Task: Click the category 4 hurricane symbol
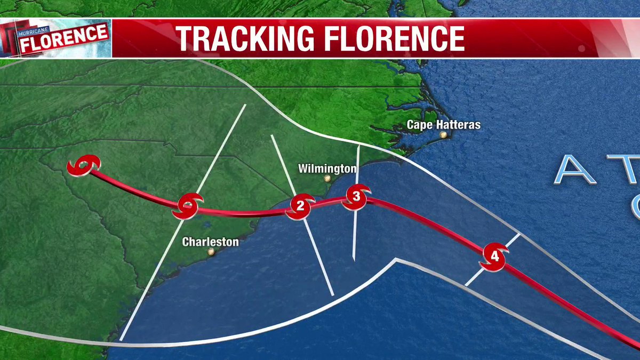click(494, 257)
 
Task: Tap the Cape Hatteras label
click(443, 125)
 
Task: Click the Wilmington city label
click(327, 169)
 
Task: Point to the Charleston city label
click(210, 242)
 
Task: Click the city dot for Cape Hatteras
click(443, 135)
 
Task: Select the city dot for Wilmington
click(327, 179)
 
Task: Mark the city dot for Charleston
click(211, 252)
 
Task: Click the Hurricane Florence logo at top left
click(55, 38)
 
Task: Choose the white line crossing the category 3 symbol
click(355, 235)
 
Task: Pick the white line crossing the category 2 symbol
click(320, 261)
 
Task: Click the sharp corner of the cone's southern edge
click(395, 260)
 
